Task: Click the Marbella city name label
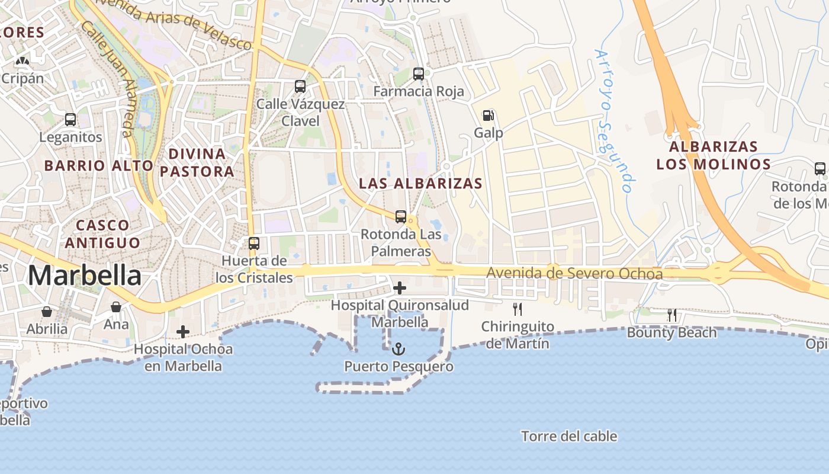[x=85, y=276]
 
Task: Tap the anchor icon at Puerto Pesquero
[x=398, y=348]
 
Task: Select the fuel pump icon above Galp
[x=488, y=116]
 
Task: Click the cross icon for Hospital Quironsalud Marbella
[x=400, y=289]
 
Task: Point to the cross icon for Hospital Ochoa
[x=183, y=332]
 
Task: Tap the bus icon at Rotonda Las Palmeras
[x=401, y=217]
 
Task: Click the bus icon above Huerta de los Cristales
[x=254, y=243]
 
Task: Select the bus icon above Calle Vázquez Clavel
[x=300, y=87]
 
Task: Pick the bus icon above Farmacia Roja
[x=419, y=74]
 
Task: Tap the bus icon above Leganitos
[x=70, y=120]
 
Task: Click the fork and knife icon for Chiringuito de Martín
[x=518, y=309]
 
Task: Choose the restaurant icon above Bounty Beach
[x=672, y=315]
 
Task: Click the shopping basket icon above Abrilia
[x=47, y=312]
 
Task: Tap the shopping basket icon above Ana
[x=116, y=307]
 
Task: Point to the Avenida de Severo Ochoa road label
[x=574, y=274]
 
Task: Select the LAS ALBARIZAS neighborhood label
[x=420, y=184]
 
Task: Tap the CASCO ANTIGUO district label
[x=102, y=234]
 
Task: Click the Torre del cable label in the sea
[x=569, y=437]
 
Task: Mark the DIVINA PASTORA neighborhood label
[x=197, y=163]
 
